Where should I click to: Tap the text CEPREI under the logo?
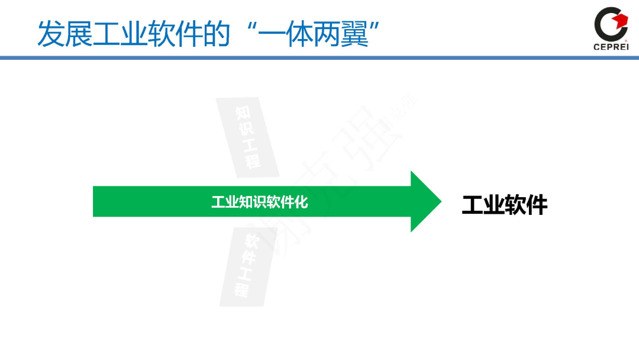pyautogui.click(x=611, y=48)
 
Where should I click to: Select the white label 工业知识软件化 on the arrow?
pyautogui.click(x=260, y=202)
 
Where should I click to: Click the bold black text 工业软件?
pyautogui.click(x=505, y=205)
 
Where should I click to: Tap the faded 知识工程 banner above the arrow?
pyautogui.click(x=248, y=137)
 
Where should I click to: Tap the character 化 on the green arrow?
pyautogui.click(x=302, y=202)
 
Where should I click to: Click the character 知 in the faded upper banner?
pyautogui.click(x=242, y=112)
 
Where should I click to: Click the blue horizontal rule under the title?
pyautogui.click(x=319, y=57)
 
